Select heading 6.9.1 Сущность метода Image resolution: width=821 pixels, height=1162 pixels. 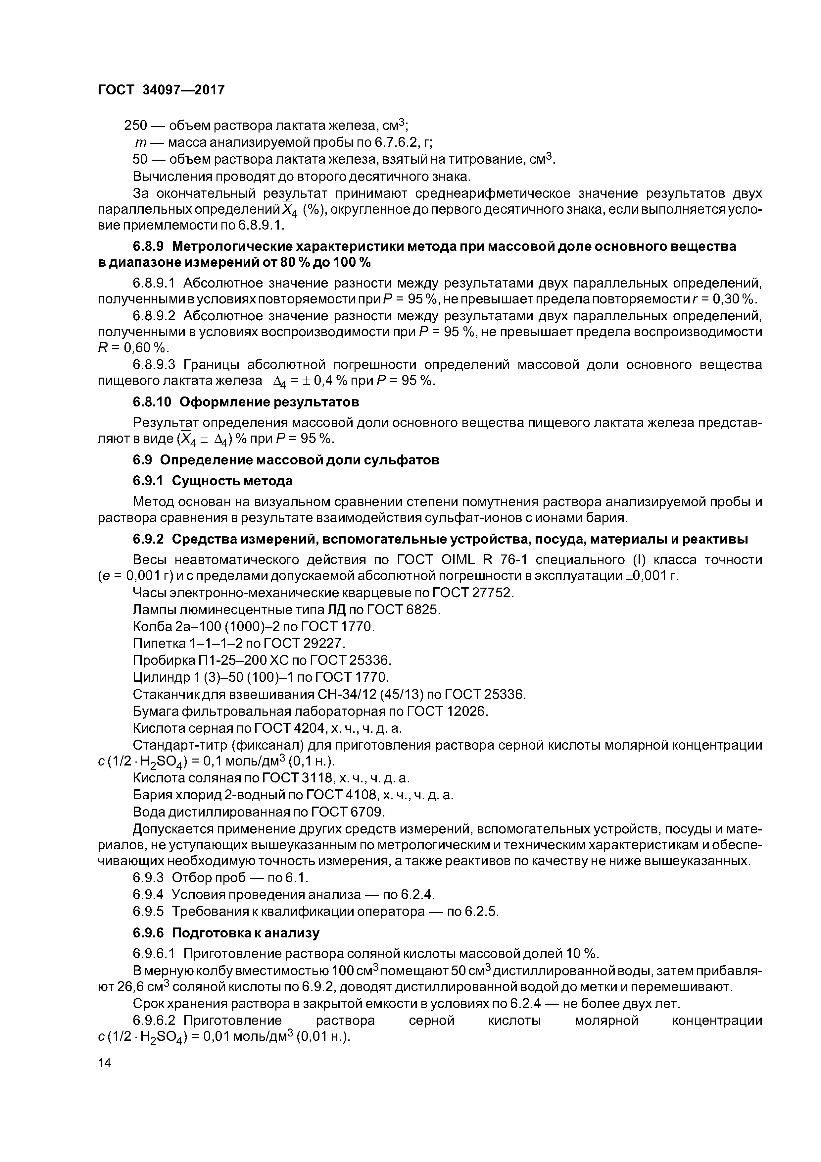tap(213, 480)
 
